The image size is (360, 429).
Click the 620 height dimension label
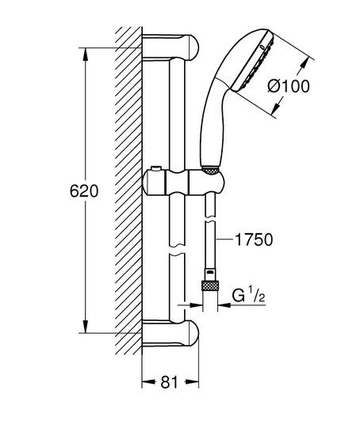point(84,191)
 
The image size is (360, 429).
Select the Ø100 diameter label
point(289,86)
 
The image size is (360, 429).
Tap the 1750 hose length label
point(254,239)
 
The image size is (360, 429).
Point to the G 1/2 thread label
point(249,296)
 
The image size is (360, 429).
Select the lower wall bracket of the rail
point(170,333)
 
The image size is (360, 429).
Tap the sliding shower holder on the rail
point(183,182)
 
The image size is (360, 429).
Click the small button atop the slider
point(157,168)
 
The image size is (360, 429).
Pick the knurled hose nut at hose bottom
point(210,286)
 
